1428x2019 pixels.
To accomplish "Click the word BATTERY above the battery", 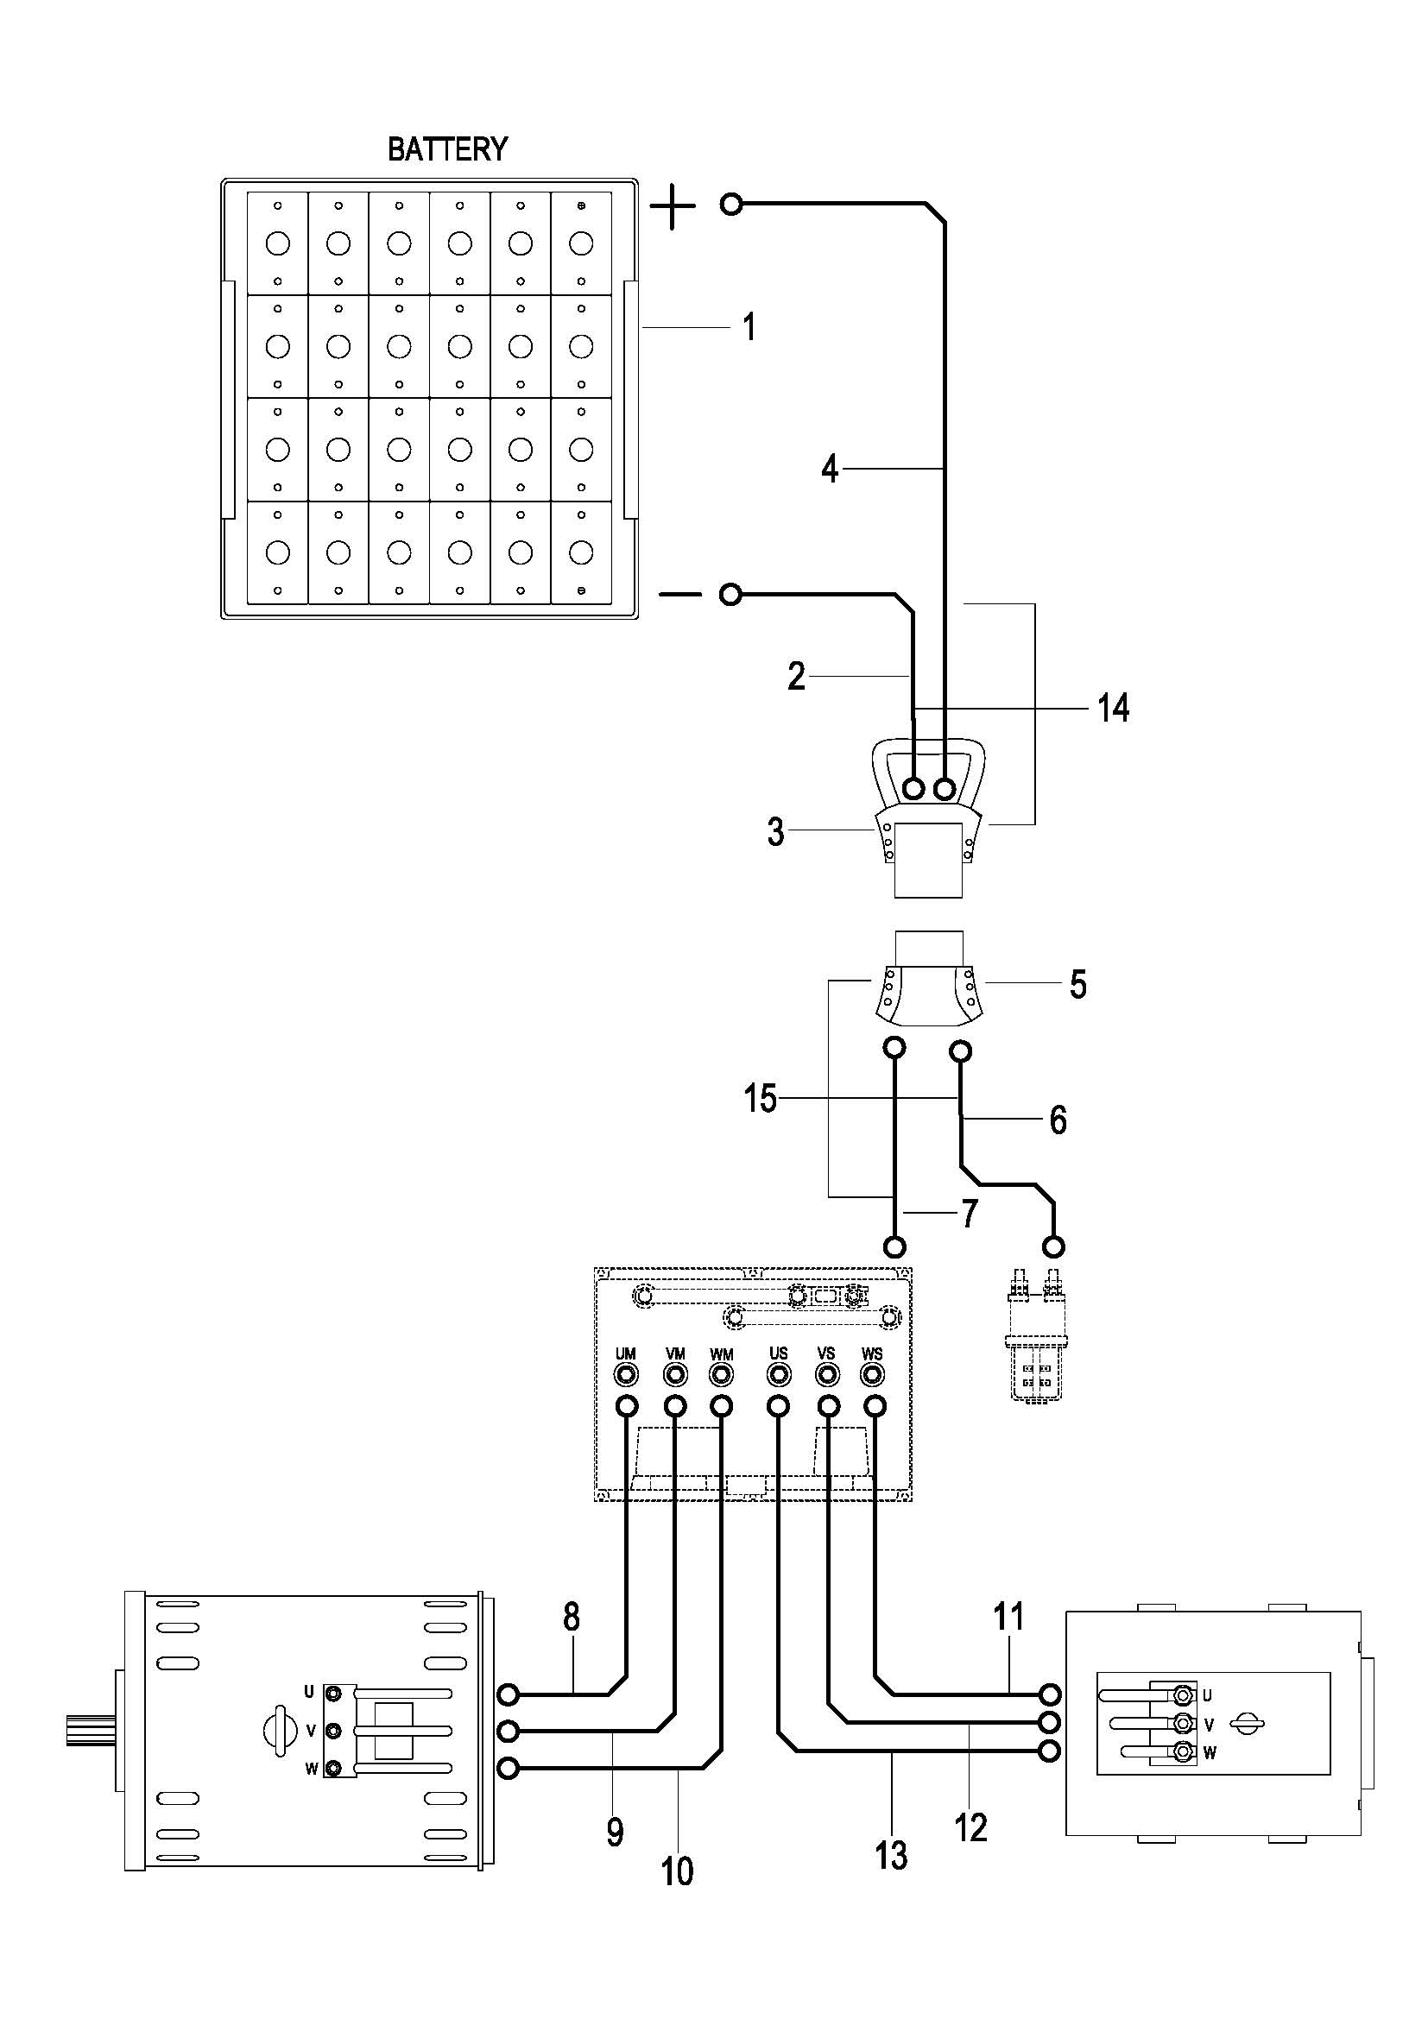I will click(447, 149).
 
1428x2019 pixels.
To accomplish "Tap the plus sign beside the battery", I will click(673, 207).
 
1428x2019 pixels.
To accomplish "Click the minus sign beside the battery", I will click(679, 596).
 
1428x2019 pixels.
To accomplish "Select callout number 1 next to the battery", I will click(749, 327).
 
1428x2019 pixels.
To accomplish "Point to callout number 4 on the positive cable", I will click(830, 470).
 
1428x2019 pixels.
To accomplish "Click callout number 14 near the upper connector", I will click(1113, 707).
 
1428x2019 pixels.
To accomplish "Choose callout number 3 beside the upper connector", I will click(775, 832).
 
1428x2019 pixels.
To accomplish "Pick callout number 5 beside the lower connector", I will click(1078, 984).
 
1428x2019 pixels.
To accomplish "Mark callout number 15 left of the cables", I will click(761, 1098).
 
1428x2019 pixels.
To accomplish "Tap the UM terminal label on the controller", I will click(626, 1354).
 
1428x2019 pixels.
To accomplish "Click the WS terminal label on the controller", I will click(872, 1354).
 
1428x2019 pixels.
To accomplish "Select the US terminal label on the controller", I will click(778, 1354).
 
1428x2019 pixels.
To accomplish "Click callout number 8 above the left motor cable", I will click(572, 1617).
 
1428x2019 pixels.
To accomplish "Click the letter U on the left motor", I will click(308, 1692).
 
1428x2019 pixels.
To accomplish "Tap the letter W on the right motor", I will click(1210, 1752).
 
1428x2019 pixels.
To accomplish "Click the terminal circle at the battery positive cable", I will click(730, 205).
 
